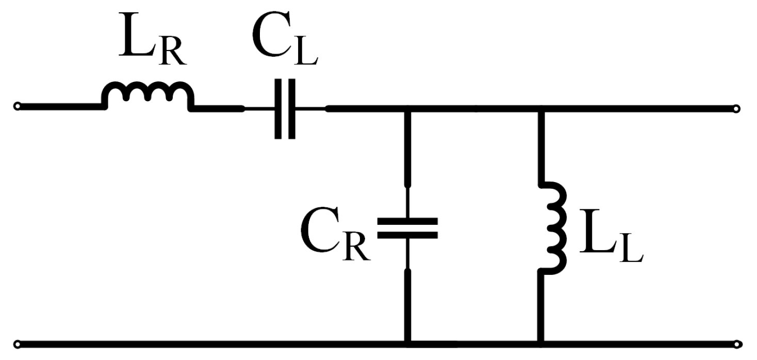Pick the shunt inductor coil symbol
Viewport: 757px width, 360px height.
(554, 227)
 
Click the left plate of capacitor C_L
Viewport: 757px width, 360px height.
(278, 109)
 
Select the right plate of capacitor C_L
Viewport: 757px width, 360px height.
(292, 109)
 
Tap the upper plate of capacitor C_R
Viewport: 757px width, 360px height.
(407, 221)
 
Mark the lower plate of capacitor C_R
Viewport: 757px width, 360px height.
(407, 235)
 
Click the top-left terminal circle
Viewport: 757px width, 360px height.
(18, 107)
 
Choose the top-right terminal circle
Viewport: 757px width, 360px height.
(736, 108)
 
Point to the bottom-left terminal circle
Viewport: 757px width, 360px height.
(18, 343)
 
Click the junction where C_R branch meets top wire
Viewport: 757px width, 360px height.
(407, 109)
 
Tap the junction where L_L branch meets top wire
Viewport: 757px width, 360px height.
(540, 109)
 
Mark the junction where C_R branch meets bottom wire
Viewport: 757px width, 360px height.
(407, 342)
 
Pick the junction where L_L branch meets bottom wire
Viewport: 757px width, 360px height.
(540, 342)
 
